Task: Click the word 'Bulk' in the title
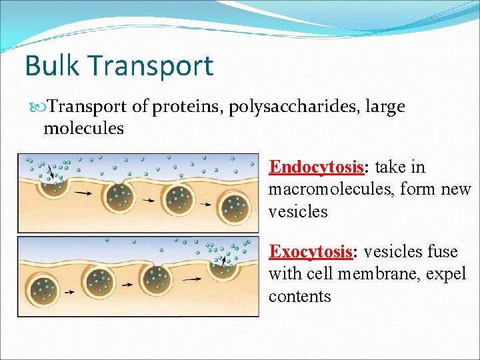52,66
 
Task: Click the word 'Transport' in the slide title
150,66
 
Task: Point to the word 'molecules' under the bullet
83,128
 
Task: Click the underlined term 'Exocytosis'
311,251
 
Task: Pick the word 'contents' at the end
299,296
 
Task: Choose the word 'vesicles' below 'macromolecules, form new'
298,212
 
